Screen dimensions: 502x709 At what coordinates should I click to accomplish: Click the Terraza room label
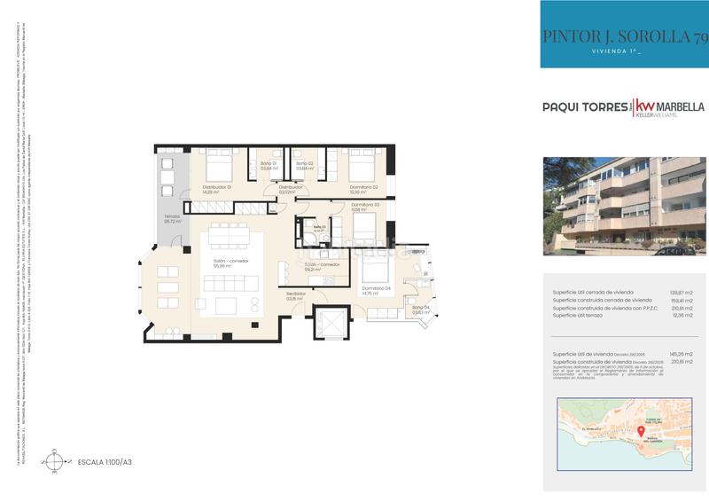click(x=172, y=219)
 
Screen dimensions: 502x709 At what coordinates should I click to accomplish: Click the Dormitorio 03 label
click(x=365, y=208)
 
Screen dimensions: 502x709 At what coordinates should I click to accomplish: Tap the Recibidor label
click(x=295, y=296)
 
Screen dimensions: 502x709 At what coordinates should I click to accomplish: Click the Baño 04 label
click(x=420, y=309)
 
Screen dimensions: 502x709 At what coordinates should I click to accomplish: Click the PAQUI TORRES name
click(x=584, y=106)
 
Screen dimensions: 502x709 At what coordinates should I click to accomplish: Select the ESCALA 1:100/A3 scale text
click(x=105, y=462)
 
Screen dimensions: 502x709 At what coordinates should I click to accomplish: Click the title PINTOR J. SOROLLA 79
click(x=625, y=36)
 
